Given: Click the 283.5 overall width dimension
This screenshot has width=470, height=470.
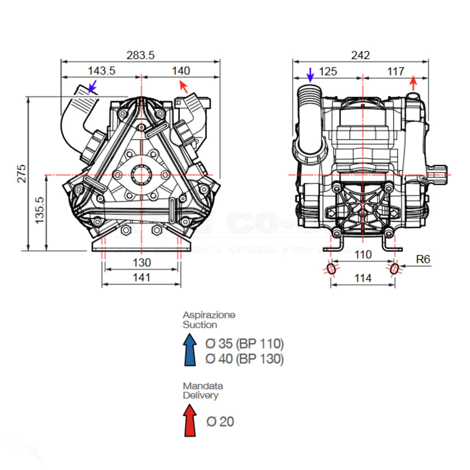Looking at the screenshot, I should coord(140,55).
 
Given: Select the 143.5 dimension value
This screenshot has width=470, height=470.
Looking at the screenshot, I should coord(101,71).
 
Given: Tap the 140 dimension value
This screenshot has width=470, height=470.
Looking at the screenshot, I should coord(181,71).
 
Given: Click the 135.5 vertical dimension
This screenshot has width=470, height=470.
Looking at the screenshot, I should coord(39,210).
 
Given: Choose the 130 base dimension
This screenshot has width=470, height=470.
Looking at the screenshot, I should coord(142,263).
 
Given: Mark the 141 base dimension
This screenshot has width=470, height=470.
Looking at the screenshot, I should coord(142,277).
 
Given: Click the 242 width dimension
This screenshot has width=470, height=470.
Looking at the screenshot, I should coord(360,55).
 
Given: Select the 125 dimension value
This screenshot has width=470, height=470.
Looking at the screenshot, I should coord(328,71).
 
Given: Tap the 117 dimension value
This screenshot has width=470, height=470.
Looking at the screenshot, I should coord(395,71).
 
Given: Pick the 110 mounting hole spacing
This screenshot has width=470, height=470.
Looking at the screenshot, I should coord(363,255).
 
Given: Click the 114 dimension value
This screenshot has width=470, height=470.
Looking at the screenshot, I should coord(363,278).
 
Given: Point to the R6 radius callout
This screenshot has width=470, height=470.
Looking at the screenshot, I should coord(423,259).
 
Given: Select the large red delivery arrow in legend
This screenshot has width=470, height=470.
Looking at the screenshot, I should coord(190,420).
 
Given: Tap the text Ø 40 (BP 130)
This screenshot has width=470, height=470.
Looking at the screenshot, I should coord(245,358).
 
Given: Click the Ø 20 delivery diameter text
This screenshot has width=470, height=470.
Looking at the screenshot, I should coord(220,421).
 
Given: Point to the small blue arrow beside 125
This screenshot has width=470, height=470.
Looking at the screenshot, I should coord(310,74).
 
